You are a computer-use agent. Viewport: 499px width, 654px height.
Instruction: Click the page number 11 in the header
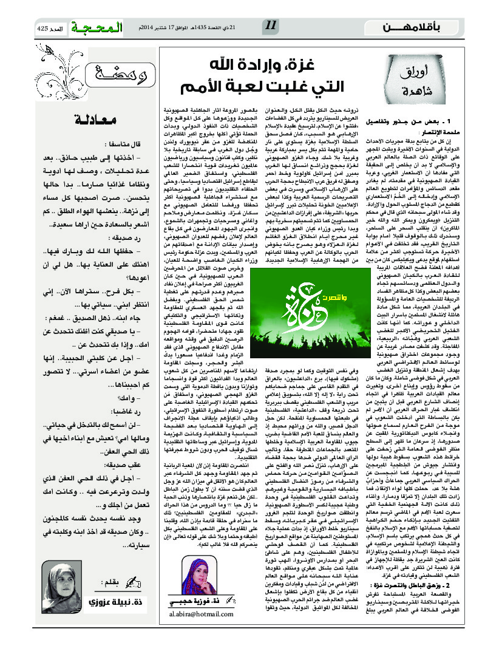pos(271,26)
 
